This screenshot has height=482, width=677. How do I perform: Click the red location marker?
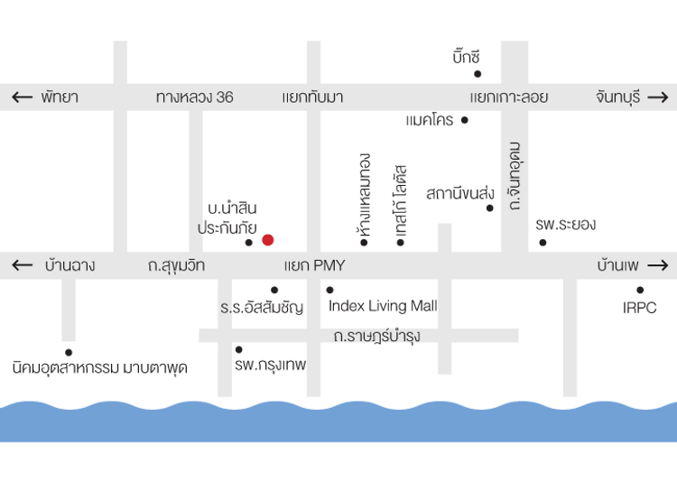pos(267,239)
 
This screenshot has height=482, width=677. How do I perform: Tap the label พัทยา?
pos(60,97)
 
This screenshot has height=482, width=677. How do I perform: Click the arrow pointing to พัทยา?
pos(22,97)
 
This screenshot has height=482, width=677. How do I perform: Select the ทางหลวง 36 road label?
pos(194,97)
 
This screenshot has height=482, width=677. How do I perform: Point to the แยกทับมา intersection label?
pos(312,97)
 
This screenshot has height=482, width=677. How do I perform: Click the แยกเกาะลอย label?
pos(509,97)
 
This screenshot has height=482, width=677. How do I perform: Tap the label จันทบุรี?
pos(617,97)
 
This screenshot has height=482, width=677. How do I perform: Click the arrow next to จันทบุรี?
pos(658,97)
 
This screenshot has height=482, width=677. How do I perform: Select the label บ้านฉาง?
pos(70,265)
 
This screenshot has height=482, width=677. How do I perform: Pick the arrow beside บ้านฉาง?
pos(22,265)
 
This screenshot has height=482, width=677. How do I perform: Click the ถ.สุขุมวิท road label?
pos(176,265)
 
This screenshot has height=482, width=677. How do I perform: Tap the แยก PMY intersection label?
pos(314,265)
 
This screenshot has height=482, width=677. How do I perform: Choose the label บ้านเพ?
pos(618,265)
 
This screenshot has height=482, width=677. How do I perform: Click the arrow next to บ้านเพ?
pos(658,265)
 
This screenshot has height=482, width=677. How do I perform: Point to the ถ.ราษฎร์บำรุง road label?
pos(376,336)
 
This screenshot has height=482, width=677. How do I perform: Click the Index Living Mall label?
pos(382,306)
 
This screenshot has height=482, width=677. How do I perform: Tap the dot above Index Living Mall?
pos(329,290)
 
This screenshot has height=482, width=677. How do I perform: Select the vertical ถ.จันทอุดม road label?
pos(515,176)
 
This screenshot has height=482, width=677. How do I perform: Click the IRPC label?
pos(640,308)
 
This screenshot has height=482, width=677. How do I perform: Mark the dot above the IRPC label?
pos(639,290)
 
